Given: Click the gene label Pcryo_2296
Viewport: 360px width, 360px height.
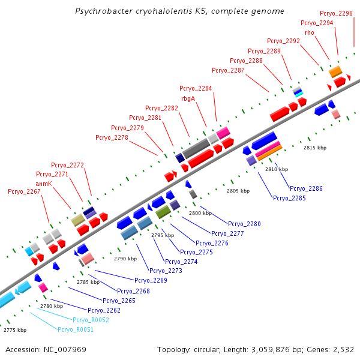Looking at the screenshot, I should point(336,13).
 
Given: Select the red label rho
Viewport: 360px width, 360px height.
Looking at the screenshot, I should point(310,32).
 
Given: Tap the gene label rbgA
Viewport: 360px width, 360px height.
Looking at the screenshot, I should point(188,98).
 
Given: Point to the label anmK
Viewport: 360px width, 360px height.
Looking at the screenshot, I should point(44,183).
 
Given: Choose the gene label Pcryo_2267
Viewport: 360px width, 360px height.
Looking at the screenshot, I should point(24,192).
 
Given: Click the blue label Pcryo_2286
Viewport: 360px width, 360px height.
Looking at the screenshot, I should point(306,188).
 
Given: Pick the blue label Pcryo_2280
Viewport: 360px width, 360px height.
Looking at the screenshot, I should point(244,224).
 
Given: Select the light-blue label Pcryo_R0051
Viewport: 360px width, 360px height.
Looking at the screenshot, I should point(76,329).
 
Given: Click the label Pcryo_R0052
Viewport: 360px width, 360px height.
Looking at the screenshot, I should point(91,320).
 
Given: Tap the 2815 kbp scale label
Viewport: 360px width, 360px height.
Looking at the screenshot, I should point(315,147).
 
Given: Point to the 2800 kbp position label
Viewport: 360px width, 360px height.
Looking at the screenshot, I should point(200,213).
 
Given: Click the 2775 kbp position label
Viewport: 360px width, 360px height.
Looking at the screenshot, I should point(15,330).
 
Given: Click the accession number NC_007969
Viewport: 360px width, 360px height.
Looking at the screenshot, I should point(46,349).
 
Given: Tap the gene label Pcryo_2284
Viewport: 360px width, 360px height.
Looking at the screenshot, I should point(196,88).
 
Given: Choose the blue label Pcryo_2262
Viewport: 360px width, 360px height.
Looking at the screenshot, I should point(104,310).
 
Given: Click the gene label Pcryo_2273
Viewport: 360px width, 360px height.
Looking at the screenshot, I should point(166,271).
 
